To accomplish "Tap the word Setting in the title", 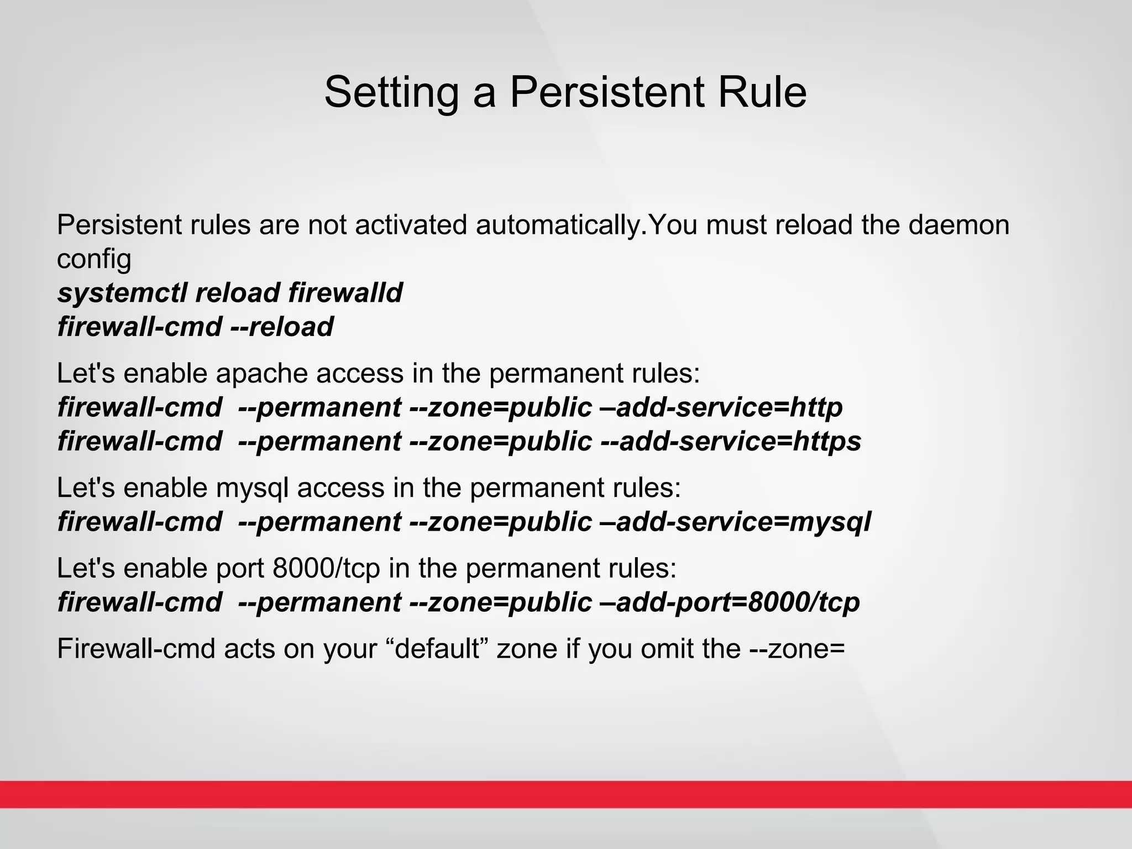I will click(391, 92).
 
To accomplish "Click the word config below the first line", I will click(94, 259).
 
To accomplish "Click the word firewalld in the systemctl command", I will click(345, 292).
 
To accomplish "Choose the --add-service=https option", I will click(730, 441).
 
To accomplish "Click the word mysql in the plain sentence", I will click(253, 488).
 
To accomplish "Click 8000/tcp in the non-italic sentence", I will click(327, 568).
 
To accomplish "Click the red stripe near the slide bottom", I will click(566, 794).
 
